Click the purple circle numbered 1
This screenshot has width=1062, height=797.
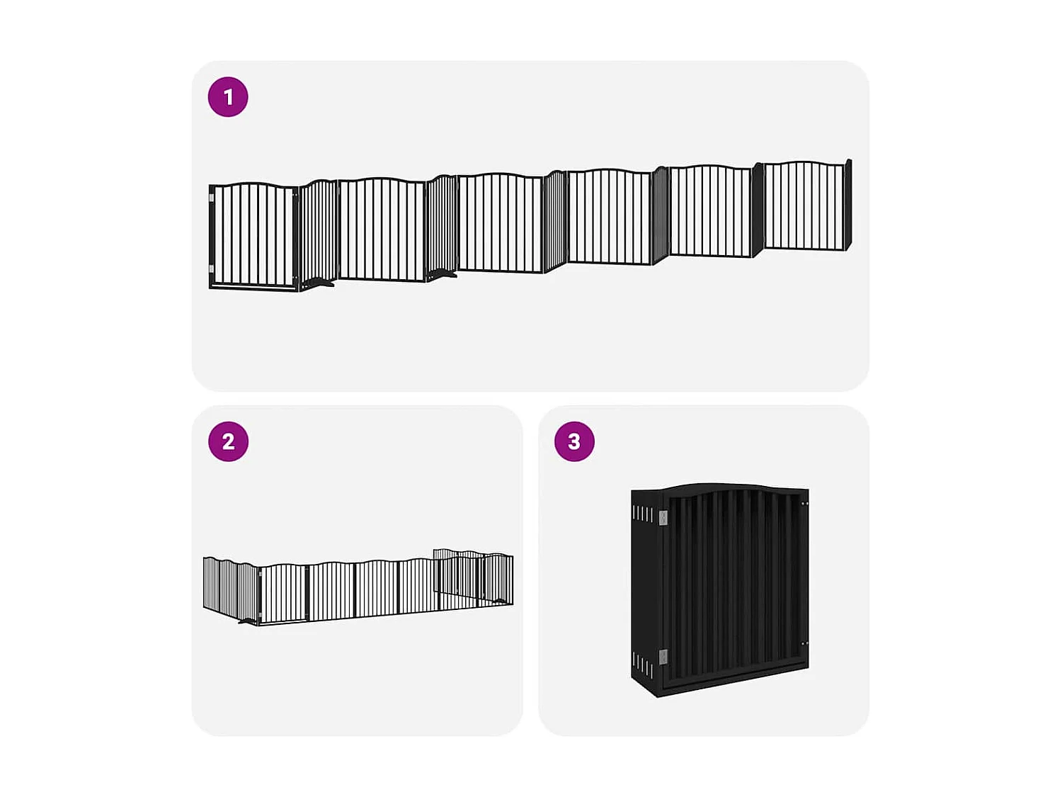tap(228, 97)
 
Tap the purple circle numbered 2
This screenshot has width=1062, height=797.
tap(228, 441)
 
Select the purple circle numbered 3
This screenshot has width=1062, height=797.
tap(574, 441)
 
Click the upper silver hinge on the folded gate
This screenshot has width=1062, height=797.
tap(663, 519)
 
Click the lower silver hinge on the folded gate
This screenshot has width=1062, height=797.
tap(663, 657)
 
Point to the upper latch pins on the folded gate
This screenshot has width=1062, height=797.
tap(804, 503)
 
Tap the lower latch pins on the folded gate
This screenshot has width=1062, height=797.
tap(804, 643)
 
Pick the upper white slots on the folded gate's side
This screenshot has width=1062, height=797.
tap(643, 514)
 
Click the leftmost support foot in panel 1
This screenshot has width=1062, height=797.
tap(319, 283)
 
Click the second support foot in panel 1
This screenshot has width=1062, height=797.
tap(443, 274)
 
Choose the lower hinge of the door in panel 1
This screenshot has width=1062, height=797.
tap(212, 269)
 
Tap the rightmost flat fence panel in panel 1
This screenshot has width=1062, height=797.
tap(804, 205)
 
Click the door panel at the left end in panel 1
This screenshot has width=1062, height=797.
tap(253, 236)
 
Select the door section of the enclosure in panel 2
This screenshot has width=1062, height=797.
tap(284, 594)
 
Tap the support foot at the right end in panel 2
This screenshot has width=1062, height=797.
tap(503, 601)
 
